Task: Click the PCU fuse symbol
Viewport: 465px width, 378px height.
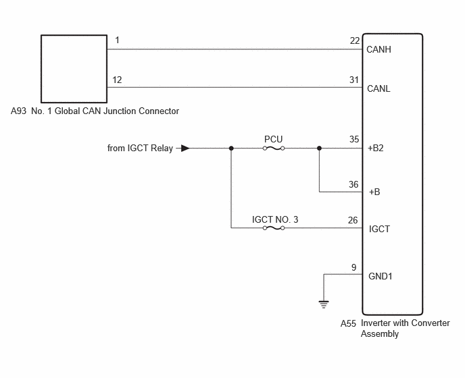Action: [274, 148]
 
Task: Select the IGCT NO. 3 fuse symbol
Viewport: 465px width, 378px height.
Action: [274, 227]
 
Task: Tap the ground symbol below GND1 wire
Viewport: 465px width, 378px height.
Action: [324, 304]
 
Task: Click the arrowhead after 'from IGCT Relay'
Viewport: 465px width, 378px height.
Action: [185, 148]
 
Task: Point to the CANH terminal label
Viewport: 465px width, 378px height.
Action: [378, 49]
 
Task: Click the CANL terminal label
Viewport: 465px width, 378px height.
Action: [378, 88]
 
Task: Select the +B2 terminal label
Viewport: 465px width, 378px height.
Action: [376, 148]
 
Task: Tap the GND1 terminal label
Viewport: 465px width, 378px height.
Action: [381, 276]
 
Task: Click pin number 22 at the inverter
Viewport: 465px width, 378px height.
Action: [355, 41]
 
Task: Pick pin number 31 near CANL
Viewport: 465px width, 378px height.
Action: [354, 80]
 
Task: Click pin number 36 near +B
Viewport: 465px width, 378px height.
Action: [353, 184]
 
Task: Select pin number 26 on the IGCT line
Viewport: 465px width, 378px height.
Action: [353, 220]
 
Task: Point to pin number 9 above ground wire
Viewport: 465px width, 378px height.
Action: [353, 267]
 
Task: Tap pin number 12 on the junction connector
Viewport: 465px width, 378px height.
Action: [117, 80]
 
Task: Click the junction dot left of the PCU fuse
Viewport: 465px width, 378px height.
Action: [231, 148]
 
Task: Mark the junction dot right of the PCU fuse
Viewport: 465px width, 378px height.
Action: [319, 148]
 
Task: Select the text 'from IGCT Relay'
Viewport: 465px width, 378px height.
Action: [140, 148]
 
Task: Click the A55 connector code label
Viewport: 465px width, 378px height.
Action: [348, 323]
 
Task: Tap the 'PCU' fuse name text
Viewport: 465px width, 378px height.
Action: [274, 139]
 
